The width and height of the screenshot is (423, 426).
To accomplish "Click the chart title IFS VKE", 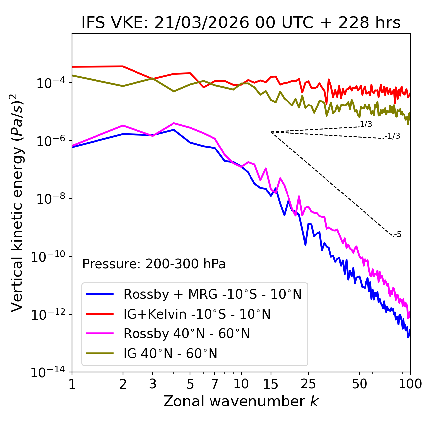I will tap(241, 23).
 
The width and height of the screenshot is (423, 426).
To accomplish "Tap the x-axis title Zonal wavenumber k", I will tap(241, 401).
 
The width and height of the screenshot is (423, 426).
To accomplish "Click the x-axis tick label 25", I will tap(308, 384).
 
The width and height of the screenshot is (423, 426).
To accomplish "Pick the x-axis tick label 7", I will tap(215, 384).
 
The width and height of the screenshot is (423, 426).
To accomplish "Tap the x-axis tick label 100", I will tap(410, 384).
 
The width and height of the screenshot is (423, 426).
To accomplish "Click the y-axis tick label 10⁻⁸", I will tap(50, 199).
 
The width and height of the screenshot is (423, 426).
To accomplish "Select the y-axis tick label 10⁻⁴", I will tap(50, 83).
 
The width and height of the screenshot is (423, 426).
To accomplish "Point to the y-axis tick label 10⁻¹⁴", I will tap(48, 373).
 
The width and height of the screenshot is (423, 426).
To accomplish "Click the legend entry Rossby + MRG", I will tap(212, 294).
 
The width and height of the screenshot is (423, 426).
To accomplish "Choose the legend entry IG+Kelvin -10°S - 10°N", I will tap(197, 314).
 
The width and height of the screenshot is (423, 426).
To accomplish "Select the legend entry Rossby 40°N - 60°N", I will tap(186, 334).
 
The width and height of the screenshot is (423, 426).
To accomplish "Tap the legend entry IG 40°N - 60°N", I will tap(170, 354).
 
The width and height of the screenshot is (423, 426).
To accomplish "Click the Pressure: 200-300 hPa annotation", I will tap(154, 264).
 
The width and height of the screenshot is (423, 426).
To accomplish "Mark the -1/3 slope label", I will tap(393, 136).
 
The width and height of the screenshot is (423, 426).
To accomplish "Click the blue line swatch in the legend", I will tap(100, 294).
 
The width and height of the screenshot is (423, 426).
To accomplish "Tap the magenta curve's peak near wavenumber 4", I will tap(174, 123).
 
